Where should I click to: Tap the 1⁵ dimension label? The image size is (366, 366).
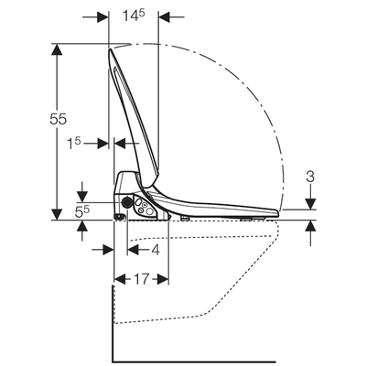coord(76,143)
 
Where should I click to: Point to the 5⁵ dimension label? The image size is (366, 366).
coord(56,210)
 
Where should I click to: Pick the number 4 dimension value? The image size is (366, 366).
coord(156,250)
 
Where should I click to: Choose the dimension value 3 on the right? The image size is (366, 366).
coord(312,176)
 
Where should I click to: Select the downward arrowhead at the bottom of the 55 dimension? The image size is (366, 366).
coord(58,213)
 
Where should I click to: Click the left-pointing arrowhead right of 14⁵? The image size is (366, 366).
coord(166,16)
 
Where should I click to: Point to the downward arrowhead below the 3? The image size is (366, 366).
coord(312,205)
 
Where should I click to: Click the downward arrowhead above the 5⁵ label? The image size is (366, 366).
coord(84,196)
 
